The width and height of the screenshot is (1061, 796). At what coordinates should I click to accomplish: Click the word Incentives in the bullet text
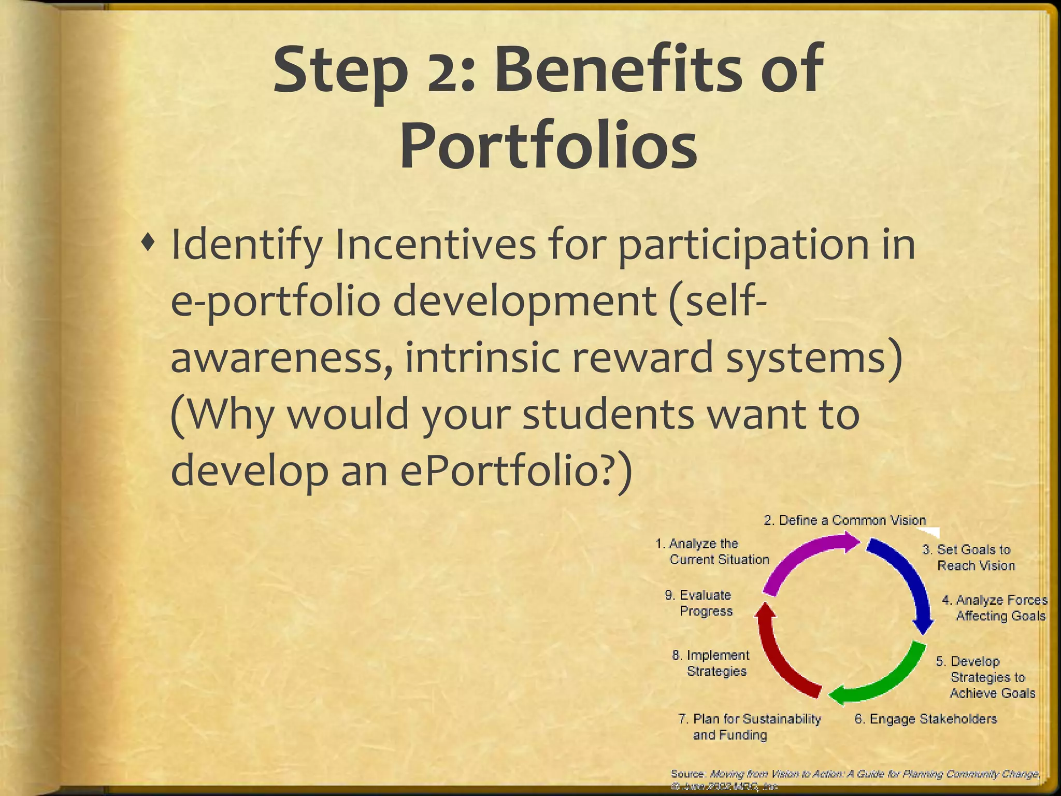[x=435, y=245]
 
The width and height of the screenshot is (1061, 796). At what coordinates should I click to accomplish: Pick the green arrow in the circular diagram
[x=886, y=679]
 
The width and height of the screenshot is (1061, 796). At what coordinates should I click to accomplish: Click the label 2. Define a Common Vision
[x=844, y=520]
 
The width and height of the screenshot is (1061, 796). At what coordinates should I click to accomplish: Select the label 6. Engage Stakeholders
[x=925, y=719]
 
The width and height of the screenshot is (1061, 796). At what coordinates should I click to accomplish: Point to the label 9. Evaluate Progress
[x=699, y=603]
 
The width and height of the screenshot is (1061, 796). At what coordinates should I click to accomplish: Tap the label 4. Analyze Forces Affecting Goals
[x=995, y=607]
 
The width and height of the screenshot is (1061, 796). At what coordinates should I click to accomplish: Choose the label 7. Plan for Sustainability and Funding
[x=749, y=727]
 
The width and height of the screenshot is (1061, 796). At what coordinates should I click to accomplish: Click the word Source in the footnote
[x=687, y=774]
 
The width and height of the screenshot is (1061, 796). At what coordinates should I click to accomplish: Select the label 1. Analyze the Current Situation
[x=712, y=551]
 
